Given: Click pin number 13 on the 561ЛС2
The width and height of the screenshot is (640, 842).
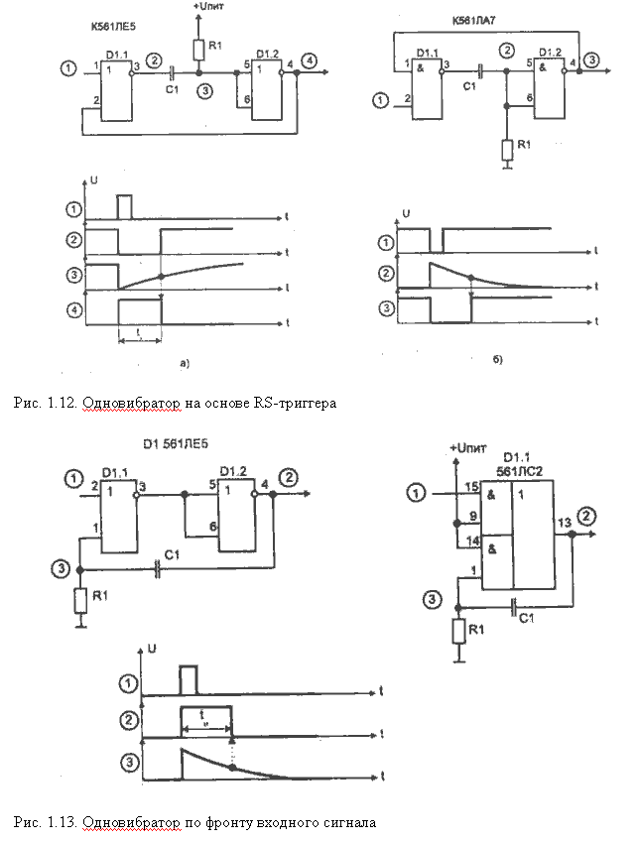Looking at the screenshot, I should (563, 522).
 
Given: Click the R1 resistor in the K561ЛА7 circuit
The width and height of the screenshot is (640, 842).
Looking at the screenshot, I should (507, 149).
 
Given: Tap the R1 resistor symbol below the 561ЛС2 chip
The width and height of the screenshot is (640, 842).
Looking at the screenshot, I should (456, 632).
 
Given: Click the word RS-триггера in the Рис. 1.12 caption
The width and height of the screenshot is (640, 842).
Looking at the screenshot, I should (295, 403).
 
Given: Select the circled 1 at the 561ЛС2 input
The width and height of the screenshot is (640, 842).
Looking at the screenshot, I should (418, 491).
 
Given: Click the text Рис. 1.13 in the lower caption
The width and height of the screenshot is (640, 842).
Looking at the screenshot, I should (47, 822).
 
